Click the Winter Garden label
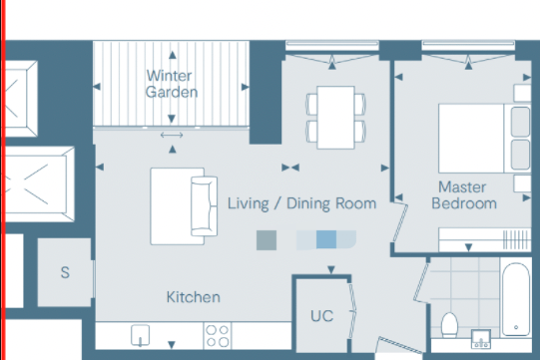pyautogui.click(x=172, y=84)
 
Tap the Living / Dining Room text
pyautogui.click(x=301, y=203)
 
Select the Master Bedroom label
pyautogui.click(x=464, y=195)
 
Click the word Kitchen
pyautogui.click(x=194, y=297)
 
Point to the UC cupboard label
pyautogui.click(x=322, y=316)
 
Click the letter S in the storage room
pyautogui.click(x=65, y=272)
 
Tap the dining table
pyautogui.click(x=335, y=118)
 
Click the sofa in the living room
pyautogui.click(x=205, y=206)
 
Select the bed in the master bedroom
pyautogui.click(x=484, y=138)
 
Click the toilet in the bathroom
pyautogui.click(x=449, y=325)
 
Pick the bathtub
pyautogui.click(x=516, y=299)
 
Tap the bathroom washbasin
pyautogui.click(x=481, y=339)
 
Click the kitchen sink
pyautogui.click(x=140, y=335)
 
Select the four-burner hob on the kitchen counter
pyautogui.click(x=218, y=335)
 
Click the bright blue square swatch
pyautogui.click(x=326, y=239)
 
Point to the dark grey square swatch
pyautogui.click(x=267, y=240)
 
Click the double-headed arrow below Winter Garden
pyautogui.click(x=172, y=136)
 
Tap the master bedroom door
pyautogui.click(x=400, y=222)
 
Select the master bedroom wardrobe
pyautogui.click(x=485, y=239)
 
